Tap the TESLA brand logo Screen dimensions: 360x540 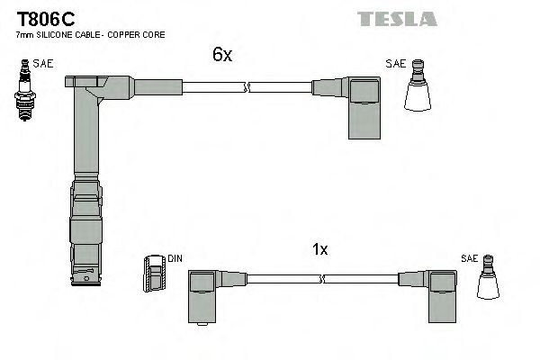(397, 19)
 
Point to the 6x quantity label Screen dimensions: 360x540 (222, 55)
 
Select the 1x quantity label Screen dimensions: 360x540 (319, 250)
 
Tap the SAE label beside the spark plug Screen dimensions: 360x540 (42, 64)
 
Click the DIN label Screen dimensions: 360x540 (175, 259)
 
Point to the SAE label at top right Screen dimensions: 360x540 (394, 64)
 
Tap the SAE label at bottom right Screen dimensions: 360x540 (468, 258)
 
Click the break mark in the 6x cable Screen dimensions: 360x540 (247, 87)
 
